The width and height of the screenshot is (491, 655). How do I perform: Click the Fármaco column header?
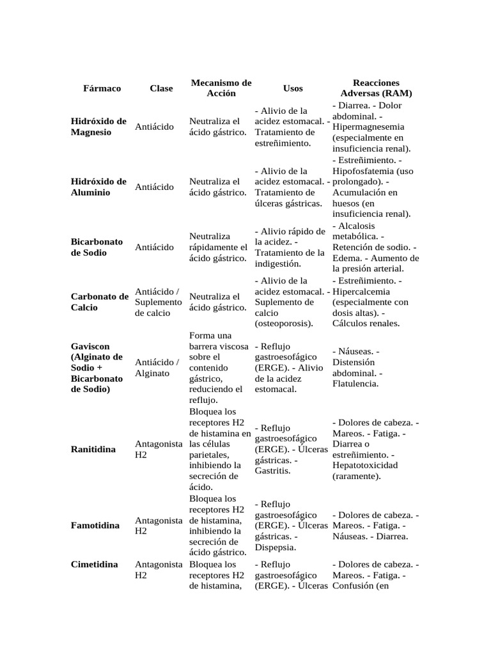tap(102, 88)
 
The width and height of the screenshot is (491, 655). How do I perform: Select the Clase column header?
tap(161, 88)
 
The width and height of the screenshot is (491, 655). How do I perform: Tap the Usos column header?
tap(293, 88)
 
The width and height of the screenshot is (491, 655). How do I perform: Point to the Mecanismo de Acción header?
tap(221, 88)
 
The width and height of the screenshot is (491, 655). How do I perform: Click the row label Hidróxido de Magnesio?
tap(98, 127)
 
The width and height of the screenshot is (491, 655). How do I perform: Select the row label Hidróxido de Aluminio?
tap(98, 187)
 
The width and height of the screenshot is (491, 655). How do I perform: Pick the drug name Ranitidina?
tap(93, 450)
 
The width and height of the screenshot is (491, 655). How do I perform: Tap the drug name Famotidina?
tap(95, 525)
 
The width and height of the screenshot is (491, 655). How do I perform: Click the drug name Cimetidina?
tap(95, 565)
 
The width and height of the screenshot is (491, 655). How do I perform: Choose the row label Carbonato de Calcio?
tap(100, 302)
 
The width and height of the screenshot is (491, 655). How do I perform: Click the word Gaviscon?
tap(90, 346)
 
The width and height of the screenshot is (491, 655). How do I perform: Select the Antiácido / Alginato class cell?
tap(157, 368)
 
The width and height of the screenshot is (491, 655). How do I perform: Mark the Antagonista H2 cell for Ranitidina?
tap(159, 449)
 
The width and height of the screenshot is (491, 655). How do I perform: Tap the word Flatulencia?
tap(355, 384)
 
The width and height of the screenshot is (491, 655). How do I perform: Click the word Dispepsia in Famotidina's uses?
tap(275, 548)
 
